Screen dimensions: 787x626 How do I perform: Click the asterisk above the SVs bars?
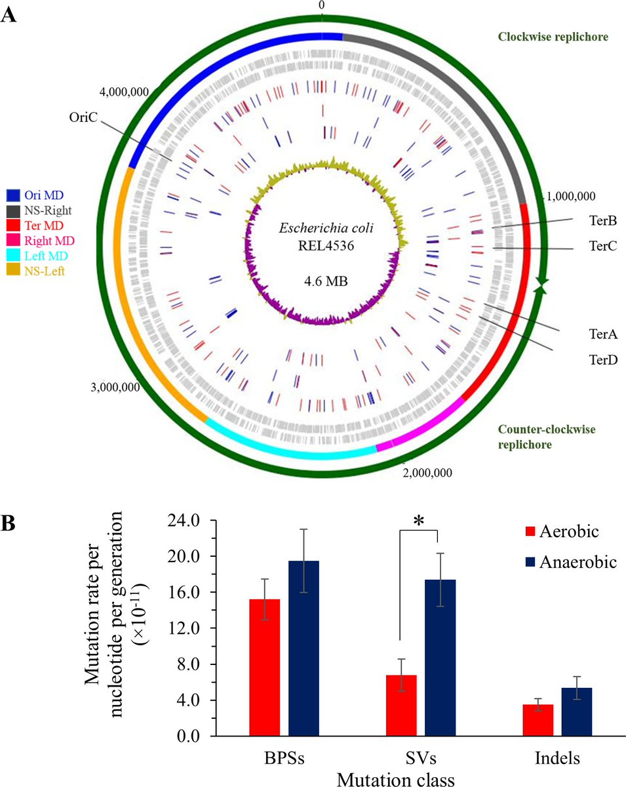[418, 522]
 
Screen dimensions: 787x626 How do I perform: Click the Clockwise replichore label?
[553, 37]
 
